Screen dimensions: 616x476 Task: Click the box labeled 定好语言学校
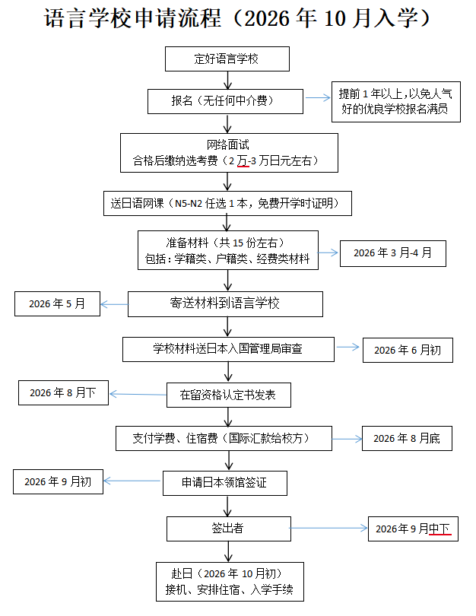click(x=227, y=58)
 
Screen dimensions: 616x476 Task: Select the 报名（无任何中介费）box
click(x=227, y=100)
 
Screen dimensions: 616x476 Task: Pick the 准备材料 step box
click(x=227, y=251)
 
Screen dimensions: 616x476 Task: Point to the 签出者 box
click(x=227, y=528)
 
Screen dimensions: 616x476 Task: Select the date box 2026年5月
click(x=57, y=304)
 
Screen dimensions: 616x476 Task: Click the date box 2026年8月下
click(x=63, y=392)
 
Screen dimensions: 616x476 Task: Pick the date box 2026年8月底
click(x=407, y=439)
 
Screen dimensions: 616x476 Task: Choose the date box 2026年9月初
click(x=58, y=481)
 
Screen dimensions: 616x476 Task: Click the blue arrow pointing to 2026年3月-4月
click(x=329, y=252)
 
